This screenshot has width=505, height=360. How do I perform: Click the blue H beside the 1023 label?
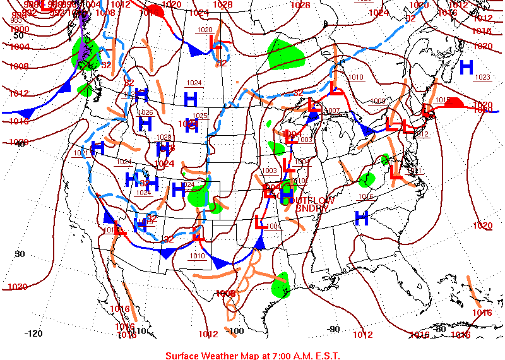coord(466,66)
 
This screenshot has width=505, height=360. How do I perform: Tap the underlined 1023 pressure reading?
coord(482,77)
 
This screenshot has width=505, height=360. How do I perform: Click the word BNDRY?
coord(310,208)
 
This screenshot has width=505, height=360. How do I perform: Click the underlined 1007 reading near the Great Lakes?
coord(333,111)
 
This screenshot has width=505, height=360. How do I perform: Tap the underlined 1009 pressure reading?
coord(377,101)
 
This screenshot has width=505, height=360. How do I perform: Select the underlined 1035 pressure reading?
coord(200,116)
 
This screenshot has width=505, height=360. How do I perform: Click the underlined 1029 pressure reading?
coord(164,137)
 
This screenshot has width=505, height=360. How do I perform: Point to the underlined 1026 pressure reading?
coord(145,112)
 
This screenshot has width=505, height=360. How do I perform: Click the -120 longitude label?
coord(33,333)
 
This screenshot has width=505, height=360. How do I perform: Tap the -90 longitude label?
coord(333,329)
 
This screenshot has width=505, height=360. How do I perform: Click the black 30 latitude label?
coord(20,254)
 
